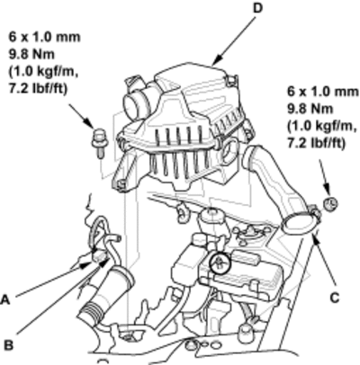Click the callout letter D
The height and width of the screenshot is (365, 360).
(257, 8)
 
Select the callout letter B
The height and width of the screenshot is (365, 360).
(9, 345)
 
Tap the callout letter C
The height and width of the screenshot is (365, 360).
(334, 298)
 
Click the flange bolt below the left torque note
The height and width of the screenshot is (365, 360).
(99, 143)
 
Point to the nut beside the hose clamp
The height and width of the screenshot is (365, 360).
(330, 203)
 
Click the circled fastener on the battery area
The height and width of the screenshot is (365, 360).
(220, 263)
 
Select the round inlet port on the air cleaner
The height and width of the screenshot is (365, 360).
(132, 105)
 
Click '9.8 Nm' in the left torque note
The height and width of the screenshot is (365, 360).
(31, 54)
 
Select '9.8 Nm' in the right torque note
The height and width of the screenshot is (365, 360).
(310, 109)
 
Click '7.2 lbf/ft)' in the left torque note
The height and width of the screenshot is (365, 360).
(39, 89)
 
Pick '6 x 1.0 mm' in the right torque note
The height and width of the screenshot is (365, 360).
(323, 92)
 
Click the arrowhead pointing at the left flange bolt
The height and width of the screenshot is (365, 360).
(88, 123)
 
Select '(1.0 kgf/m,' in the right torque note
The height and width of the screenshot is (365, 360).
(322, 126)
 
